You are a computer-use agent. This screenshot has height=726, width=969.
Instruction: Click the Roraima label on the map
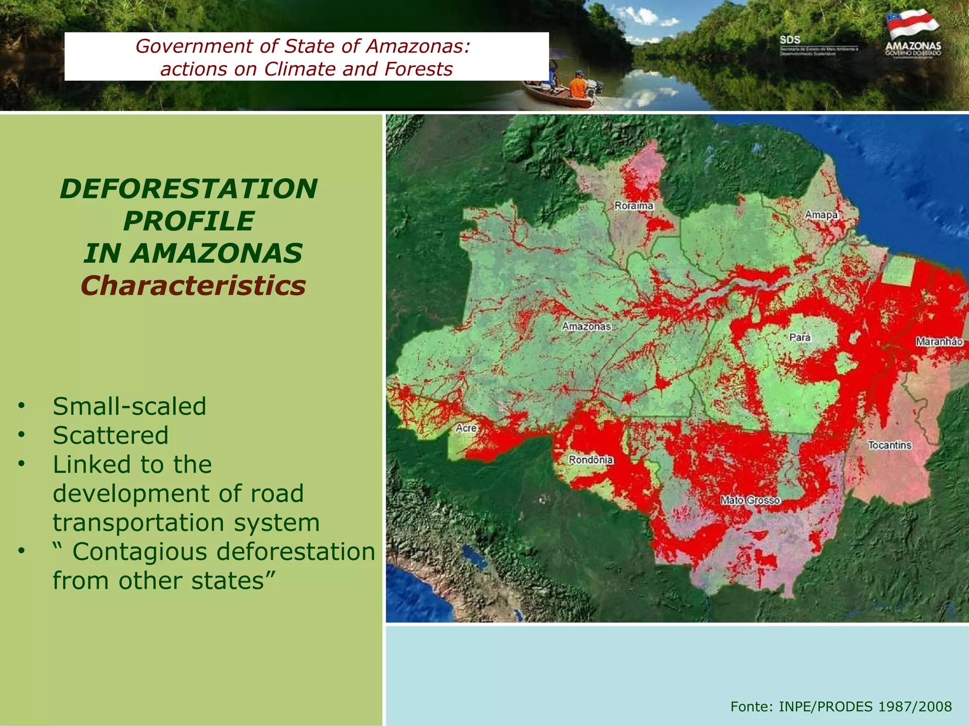pos(634,206)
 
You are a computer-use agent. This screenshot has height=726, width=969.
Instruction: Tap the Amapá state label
pos(821,215)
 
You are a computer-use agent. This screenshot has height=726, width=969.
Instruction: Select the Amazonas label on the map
pos(587,326)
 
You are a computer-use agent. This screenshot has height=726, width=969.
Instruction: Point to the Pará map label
pos(800,337)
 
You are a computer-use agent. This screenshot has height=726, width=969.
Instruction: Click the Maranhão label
pos(939,341)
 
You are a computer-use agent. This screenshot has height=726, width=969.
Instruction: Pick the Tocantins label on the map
pos(890,445)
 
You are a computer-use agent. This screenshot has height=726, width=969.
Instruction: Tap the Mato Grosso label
pos(750,500)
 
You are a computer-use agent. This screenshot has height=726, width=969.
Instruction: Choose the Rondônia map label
pos(590,459)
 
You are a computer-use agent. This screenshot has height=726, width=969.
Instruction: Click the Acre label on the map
pos(466,428)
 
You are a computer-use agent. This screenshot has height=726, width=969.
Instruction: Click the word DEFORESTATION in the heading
pos(189,189)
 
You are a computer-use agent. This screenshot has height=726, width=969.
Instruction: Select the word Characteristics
pos(193,286)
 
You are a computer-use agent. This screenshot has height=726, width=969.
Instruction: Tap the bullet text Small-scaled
pos(130,406)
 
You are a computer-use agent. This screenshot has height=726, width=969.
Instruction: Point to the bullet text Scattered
pos(111,435)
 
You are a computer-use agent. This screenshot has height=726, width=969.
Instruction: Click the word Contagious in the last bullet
pos(140,552)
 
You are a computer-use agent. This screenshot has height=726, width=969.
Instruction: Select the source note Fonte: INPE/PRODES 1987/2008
pos(841,706)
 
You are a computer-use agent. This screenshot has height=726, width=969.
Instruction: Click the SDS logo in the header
pos(790,40)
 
